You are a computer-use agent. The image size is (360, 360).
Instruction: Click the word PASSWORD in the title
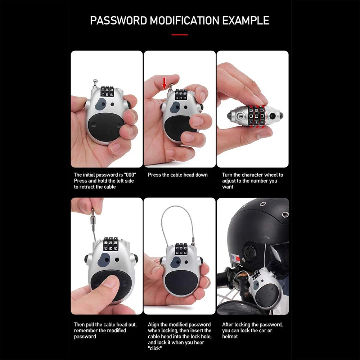coord(118,21)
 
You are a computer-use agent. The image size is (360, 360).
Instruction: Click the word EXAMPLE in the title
coord(246,21)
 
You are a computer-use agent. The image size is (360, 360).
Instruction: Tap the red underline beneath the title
coord(180,35)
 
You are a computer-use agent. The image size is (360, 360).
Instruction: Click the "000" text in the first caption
coord(130,175)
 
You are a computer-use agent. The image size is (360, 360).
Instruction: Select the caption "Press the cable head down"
coord(178,175)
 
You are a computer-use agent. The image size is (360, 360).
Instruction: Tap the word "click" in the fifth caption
coord(155,348)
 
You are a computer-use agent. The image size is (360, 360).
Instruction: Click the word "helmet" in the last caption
coord(230,337)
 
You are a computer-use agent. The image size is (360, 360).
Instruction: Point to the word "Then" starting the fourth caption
coord(80,325)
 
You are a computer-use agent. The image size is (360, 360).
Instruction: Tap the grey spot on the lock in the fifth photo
coord(176,261)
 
